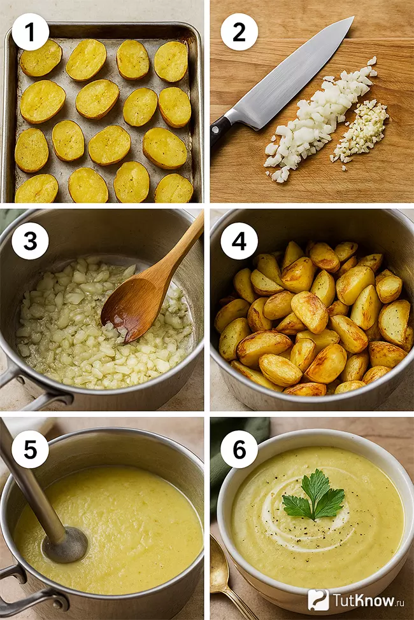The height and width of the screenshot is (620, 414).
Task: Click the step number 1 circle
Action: click(x=30, y=32)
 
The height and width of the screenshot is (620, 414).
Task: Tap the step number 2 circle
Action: click(x=239, y=32)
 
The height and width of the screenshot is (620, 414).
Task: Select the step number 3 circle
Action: click(x=30, y=240)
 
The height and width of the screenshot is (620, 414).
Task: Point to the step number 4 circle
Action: click(x=239, y=240)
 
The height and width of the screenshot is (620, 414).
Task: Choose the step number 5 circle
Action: click(x=30, y=449)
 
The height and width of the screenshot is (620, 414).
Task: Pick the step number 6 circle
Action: click(x=239, y=449)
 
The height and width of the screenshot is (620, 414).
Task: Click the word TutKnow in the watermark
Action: click(x=364, y=600)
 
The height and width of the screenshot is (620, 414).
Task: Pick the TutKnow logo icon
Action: click(x=318, y=600)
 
